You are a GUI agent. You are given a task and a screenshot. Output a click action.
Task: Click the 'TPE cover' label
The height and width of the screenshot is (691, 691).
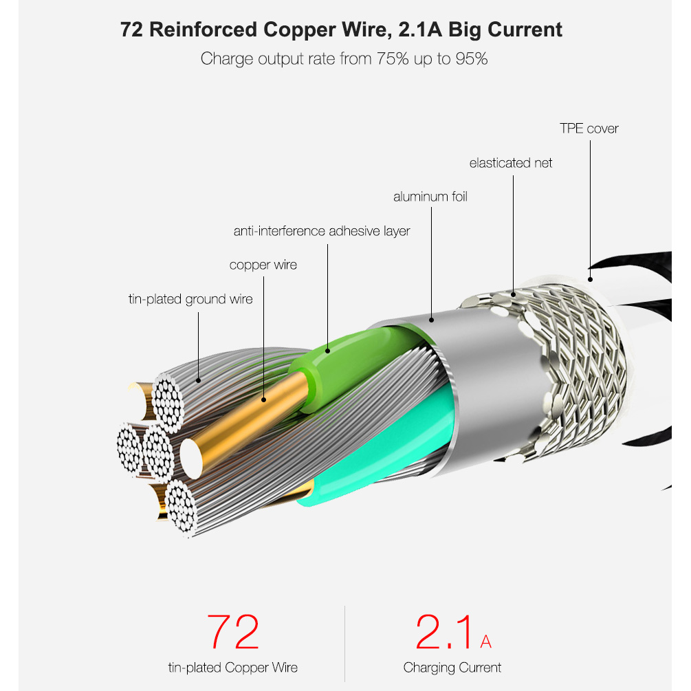[x=589, y=129]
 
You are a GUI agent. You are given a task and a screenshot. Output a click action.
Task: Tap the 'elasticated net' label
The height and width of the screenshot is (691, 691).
[x=510, y=163]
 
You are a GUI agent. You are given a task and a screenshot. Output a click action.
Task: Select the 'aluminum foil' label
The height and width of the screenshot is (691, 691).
[x=430, y=197]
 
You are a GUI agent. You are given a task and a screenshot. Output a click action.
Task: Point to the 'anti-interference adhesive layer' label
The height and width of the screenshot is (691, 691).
[x=321, y=231]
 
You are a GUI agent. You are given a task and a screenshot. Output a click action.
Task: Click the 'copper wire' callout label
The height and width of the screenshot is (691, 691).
[x=263, y=265]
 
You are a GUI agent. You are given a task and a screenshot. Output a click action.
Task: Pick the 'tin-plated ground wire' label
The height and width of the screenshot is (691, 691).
[x=190, y=299]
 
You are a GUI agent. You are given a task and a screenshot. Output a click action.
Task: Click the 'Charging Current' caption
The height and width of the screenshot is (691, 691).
[x=452, y=667]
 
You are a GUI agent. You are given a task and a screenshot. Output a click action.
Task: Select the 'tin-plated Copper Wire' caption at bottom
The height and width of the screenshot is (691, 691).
[x=232, y=667]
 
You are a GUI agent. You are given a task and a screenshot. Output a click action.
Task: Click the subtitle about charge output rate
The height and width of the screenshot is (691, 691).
[x=344, y=59]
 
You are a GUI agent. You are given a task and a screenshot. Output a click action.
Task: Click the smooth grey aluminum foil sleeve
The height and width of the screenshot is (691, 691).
[x=481, y=385]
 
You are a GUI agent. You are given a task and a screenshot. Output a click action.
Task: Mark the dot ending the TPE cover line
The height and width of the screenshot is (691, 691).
[x=589, y=278]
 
